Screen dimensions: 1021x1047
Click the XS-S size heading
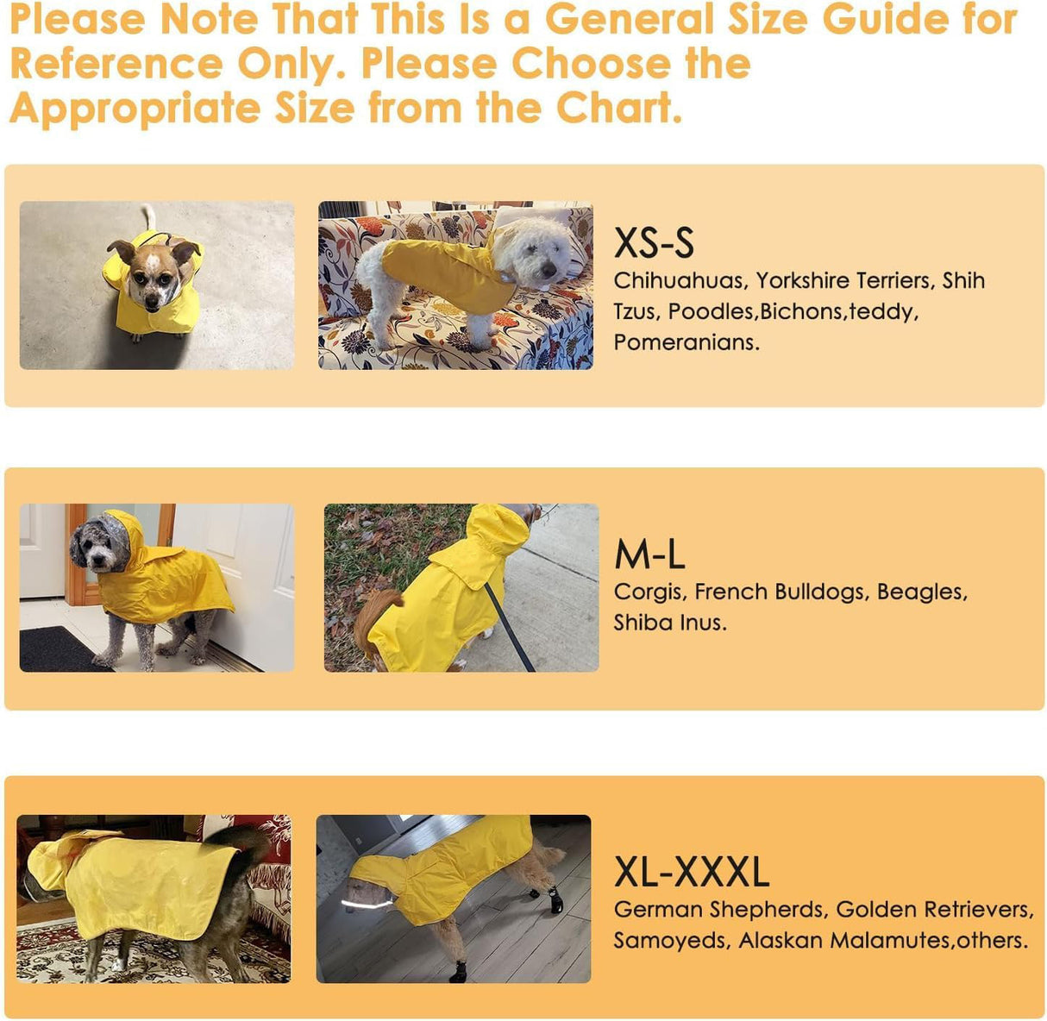point(653,243)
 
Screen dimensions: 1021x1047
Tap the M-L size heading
point(649,554)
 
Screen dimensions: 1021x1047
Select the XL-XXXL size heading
point(691,872)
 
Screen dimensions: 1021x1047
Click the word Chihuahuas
point(678,281)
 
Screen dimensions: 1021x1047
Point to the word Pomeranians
point(686,342)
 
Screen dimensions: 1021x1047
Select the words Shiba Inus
point(669,623)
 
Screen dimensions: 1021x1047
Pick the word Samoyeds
point(671,941)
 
